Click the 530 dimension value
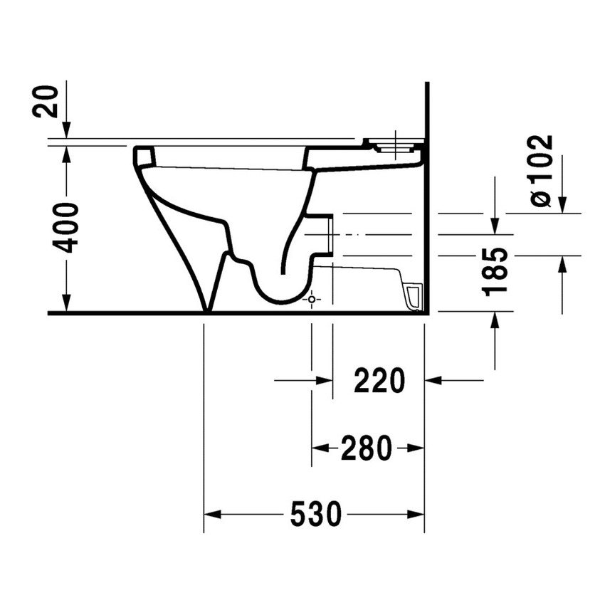click(x=315, y=515)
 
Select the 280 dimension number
click(x=367, y=448)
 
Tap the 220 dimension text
click(x=379, y=382)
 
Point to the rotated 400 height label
click(x=67, y=227)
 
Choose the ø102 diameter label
click(x=541, y=170)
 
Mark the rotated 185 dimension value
click(x=494, y=271)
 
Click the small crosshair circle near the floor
click(x=311, y=300)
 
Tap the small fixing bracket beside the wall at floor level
click(x=414, y=296)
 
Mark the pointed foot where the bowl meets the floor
click(x=207, y=307)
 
